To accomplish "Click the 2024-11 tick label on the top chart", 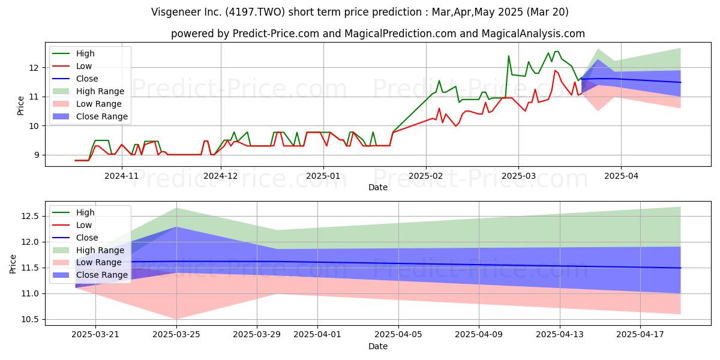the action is coord(121,176).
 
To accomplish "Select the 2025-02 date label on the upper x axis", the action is coord(425,176).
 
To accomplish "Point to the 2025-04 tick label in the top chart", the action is coord(622,176).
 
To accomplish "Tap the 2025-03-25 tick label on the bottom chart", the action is coord(176,334).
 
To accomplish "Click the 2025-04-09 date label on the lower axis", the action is coord(479,334).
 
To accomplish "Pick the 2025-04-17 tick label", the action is coord(640,334).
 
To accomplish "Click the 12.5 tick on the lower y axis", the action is coord(30,217).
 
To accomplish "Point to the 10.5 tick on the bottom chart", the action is coord(30,319).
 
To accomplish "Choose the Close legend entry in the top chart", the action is coord(75,79).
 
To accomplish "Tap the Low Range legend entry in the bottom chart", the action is coord(87,263).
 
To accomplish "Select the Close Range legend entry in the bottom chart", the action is coord(90,275).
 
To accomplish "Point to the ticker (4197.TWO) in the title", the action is coord(255,12).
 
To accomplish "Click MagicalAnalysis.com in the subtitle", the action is coord(533,34).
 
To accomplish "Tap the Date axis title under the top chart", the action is coord(377,187).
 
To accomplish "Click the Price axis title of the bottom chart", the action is coord(13,264).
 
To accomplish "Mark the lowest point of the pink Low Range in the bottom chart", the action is coord(176,319).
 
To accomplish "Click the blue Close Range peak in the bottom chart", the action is coord(176,227).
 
